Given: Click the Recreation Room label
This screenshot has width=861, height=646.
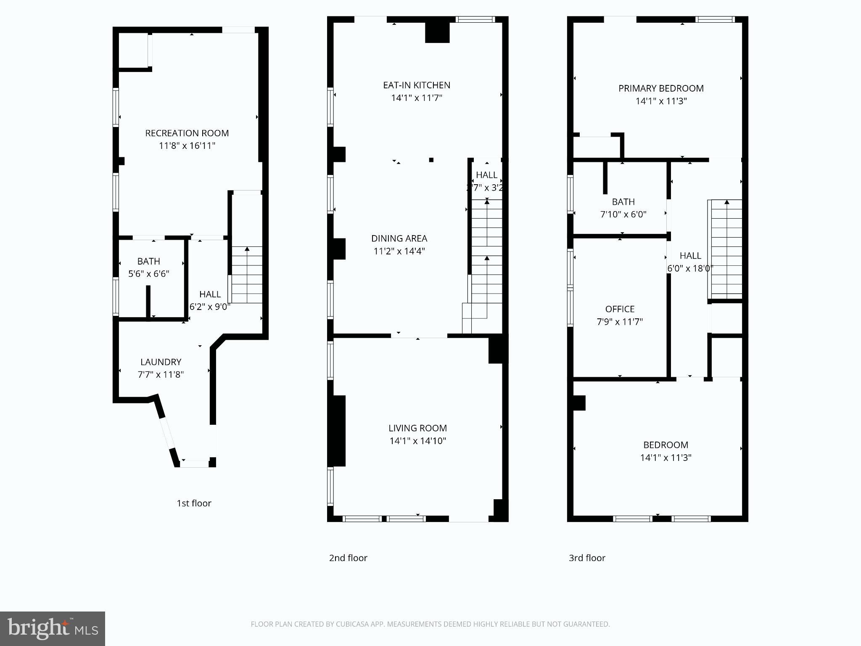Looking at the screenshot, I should (187, 133).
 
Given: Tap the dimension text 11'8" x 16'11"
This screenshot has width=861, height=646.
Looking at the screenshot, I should (187, 146).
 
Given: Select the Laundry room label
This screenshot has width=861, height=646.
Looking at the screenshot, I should (161, 362).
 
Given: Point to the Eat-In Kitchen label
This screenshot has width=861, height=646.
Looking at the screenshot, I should (416, 85).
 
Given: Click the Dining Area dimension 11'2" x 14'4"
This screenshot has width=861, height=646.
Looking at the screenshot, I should (399, 251).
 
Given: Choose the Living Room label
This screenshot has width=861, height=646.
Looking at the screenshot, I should (417, 428).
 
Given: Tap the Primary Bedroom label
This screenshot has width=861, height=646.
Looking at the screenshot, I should (661, 88).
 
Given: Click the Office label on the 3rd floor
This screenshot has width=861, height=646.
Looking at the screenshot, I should (620, 309).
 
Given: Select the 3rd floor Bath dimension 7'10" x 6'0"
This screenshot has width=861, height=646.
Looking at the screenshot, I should (623, 214).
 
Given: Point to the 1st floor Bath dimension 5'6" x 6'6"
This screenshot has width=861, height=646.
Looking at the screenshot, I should (148, 274).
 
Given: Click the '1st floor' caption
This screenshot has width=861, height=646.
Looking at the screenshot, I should (194, 503).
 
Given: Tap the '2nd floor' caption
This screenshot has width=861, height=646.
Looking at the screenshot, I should (348, 558).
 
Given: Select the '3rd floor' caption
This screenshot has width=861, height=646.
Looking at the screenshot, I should (587, 558).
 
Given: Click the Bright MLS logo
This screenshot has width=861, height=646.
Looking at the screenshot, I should (53, 629).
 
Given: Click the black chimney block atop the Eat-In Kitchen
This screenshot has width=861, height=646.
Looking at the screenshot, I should (437, 32).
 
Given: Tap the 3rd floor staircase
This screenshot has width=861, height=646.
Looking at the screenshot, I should (726, 248).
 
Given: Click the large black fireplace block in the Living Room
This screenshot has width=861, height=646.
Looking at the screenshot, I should (339, 431).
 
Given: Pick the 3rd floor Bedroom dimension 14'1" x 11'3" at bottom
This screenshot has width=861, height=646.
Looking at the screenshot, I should (666, 458).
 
